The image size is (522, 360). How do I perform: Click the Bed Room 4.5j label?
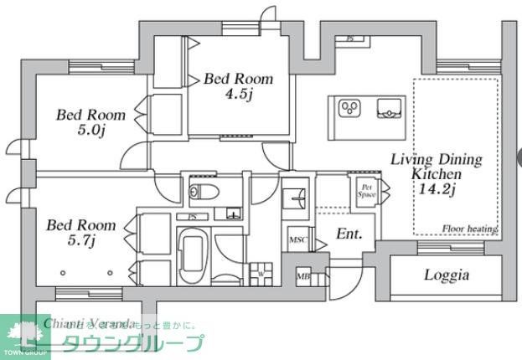point(239,85)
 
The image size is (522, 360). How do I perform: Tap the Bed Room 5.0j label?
point(90,122)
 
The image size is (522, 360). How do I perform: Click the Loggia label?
point(446,275)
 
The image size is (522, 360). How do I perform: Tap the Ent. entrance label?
point(349,234)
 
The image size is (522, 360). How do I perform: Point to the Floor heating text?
point(470,229)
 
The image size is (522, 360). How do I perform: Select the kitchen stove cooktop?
point(349,108)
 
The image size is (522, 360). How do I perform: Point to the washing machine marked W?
point(261,274)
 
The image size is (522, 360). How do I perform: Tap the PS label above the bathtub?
point(192,216)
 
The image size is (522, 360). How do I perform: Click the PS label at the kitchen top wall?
point(349,39)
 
